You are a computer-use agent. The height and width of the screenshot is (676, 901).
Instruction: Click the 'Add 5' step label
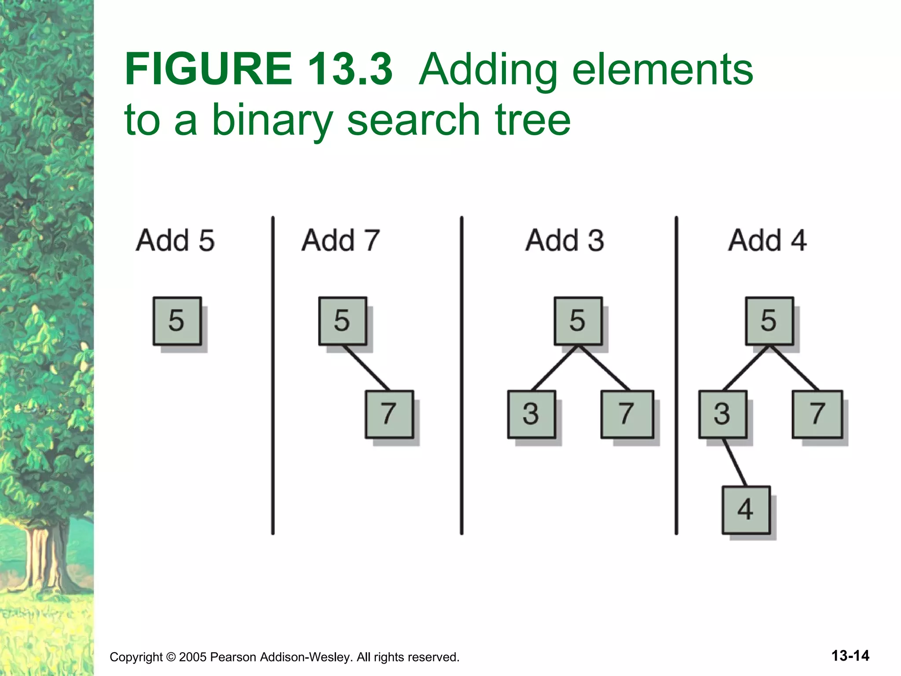click(x=175, y=240)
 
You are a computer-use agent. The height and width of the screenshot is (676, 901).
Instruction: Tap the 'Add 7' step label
click(x=341, y=240)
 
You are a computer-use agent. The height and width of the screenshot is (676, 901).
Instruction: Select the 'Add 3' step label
click(x=565, y=240)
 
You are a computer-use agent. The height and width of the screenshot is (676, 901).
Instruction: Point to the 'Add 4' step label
click(x=767, y=240)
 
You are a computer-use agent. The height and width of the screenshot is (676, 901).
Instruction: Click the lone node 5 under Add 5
click(x=177, y=320)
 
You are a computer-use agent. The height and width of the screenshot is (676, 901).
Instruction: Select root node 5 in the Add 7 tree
click(x=343, y=320)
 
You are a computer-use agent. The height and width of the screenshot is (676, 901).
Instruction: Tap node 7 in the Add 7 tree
click(x=389, y=414)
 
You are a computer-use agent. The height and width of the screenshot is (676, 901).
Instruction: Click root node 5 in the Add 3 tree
click(x=578, y=320)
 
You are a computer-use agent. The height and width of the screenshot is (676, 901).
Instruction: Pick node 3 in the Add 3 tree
click(x=531, y=414)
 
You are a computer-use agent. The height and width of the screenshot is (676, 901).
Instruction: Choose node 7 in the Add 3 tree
click(x=627, y=414)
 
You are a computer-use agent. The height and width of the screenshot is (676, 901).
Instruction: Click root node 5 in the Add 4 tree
click(x=769, y=320)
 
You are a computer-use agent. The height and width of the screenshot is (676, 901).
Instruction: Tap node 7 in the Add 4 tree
click(x=817, y=414)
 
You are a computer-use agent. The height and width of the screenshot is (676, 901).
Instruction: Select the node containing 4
click(x=746, y=510)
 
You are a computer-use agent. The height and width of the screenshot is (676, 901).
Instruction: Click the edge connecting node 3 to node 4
click(x=735, y=462)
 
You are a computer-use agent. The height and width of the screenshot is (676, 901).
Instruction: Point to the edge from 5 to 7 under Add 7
click(x=366, y=368)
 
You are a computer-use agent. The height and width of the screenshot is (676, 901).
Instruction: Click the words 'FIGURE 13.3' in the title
click(x=259, y=69)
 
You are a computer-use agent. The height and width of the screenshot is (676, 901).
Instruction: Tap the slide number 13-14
click(x=850, y=655)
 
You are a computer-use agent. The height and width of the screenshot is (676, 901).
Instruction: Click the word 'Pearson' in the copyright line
click(x=233, y=657)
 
